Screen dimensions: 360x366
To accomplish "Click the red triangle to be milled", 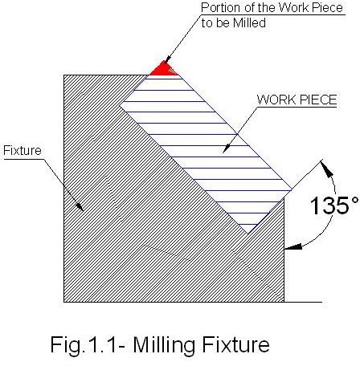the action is point(164,69).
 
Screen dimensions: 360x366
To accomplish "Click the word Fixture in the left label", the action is point(22,151).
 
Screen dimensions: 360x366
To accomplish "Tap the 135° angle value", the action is point(333,205).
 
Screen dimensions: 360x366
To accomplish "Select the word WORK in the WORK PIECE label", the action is point(276,100).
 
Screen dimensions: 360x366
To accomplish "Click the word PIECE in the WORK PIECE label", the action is point(317,100).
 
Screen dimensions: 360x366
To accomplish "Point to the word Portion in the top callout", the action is point(221,7).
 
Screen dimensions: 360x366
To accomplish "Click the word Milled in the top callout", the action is point(249,22).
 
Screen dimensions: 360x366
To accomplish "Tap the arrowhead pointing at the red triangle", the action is point(167,59).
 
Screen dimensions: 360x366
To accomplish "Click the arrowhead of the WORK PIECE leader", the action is point(227,149).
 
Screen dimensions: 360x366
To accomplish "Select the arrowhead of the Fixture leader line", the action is point(80,207).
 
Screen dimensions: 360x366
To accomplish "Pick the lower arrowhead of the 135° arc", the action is point(293,246).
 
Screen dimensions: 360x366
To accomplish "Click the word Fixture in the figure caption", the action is point(236,344).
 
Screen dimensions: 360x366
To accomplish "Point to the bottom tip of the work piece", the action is point(247,234).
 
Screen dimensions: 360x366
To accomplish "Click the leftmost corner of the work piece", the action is point(120,104).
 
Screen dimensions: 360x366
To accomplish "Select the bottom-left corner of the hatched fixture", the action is point(63,302).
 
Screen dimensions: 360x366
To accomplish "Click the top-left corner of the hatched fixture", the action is point(63,75).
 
